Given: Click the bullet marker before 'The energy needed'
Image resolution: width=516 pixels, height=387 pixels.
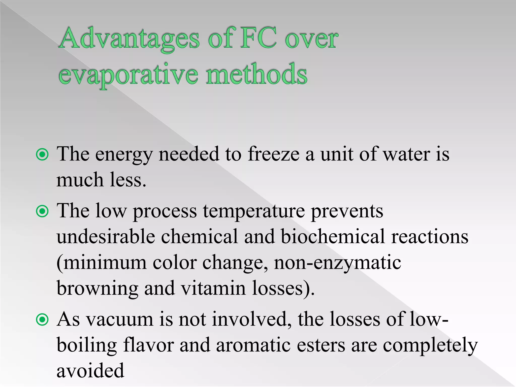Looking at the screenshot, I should [42, 154].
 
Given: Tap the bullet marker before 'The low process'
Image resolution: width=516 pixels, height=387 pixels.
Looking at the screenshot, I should [42, 211].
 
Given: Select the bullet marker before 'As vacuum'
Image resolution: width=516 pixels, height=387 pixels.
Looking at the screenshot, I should [42, 320].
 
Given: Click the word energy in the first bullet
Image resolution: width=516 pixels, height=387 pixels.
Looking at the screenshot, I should [124, 155].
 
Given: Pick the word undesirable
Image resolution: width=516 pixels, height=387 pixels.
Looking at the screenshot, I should [106, 237].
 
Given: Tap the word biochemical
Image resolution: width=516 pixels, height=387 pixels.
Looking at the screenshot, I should [333, 237].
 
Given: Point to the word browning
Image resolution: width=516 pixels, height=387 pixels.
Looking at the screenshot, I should [97, 289].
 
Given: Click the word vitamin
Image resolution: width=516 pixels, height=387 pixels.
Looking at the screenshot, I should [213, 288].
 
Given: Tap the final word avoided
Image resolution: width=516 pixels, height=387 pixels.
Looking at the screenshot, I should [90, 371].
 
